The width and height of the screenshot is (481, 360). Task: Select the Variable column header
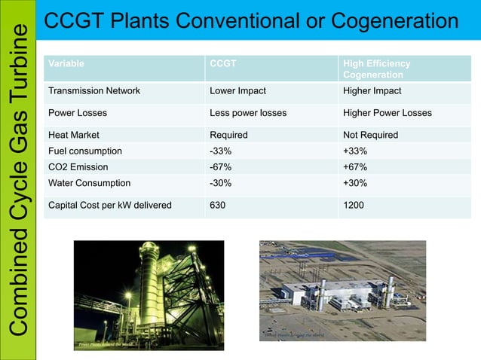(66, 64)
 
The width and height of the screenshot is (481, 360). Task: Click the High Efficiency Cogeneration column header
(376, 69)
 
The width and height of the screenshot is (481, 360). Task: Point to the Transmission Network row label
(93, 91)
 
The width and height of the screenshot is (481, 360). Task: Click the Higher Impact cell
(372, 91)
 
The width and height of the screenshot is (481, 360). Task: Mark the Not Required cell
(370, 135)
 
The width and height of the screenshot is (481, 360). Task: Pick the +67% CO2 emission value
(355, 166)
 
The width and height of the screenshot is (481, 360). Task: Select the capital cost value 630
(218, 205)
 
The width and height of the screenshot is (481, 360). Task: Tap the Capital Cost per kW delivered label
(109, 205)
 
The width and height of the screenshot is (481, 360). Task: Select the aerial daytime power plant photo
(342, 291)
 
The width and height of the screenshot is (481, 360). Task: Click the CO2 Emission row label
(78, 166)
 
